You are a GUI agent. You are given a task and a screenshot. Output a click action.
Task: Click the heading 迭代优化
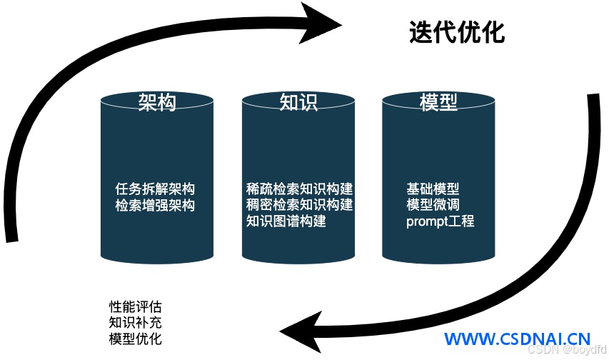click(457, 32)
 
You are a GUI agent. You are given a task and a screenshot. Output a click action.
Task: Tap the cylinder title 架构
click(157, 102)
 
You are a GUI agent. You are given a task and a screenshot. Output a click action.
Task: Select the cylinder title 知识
click(298, 102)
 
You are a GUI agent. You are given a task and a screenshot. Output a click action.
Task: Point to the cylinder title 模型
click(438, 102)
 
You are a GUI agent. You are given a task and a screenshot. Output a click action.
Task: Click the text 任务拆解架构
click(155, 189)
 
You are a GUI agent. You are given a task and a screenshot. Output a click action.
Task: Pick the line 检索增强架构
click(155, 205)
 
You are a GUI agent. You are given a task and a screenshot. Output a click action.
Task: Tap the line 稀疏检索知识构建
click(299, 189)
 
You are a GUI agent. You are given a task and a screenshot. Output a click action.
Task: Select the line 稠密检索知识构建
click(299, 204)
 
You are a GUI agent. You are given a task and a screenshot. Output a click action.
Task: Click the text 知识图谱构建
click(286, 221)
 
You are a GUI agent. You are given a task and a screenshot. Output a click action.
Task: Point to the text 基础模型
click(433, 189)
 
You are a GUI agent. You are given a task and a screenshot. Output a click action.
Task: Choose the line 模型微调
click(433, 204)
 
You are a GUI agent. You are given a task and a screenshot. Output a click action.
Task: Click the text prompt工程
click(440, 221)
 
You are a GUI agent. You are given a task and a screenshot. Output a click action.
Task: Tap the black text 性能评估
click(135, 306)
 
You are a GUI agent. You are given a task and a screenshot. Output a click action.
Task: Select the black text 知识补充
click(135, 322)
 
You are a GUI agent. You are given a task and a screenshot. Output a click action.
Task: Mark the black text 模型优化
click(135, 339)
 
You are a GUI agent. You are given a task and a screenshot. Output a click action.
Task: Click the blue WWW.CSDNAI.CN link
click(518, 339)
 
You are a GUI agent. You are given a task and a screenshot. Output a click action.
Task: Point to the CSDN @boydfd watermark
click(566, 349)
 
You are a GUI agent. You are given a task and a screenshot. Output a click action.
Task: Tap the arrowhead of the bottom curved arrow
click(300, 331)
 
